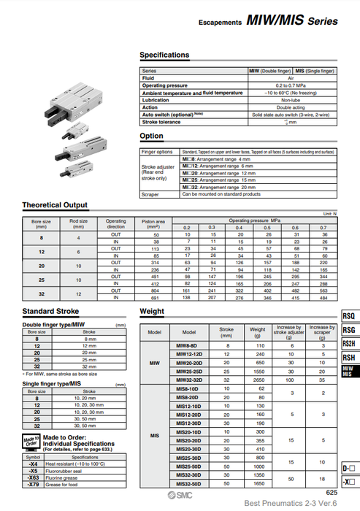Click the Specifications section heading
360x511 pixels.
[x=164, y=55]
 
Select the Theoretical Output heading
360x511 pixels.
[x=55, y=205]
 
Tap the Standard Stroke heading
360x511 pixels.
[x=51, y=312]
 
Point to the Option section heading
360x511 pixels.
[x=151, y=136]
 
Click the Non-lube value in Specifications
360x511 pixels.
[x=290, y=100]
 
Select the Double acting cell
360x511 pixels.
[x=290, y=107]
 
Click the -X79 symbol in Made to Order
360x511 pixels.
[x=33, y=485]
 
